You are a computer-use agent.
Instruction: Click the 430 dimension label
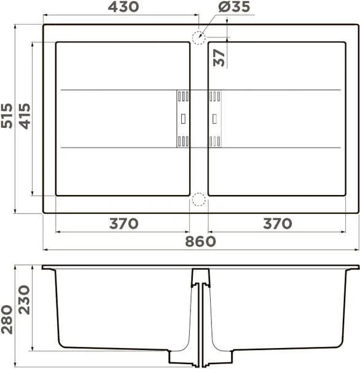pyautogui.click(x=123, y=7)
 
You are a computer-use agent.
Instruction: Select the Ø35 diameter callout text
pyautogui.click(x=234, y=7)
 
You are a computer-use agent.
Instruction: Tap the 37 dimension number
pyautogui.click(x=219, y=58)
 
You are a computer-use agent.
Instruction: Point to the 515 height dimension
pyautogui.click(x=7, y=116)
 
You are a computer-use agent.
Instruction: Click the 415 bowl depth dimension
pyautogui.click(x=25, y=116)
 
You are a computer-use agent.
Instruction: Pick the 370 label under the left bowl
pyautogui.click(x=123, y=224)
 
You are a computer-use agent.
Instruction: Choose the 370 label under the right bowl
pyautogui.click(x=278, y=224)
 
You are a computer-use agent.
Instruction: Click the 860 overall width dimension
pyautogui.click(x=200, y=241)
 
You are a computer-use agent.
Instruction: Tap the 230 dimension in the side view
pyautogui.click(x=25, y=300)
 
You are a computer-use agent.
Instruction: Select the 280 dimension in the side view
pyautogui.click(x=7, y=320)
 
